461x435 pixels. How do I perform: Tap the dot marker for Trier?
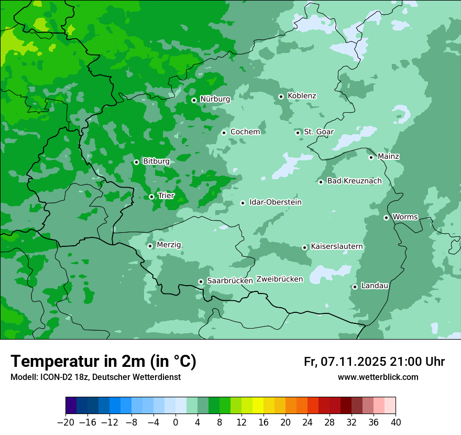(x=151, y=197)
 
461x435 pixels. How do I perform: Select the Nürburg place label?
(x=215, y=99)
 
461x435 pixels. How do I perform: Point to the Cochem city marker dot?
(x=224, y=133)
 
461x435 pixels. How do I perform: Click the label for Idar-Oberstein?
(x=276, y=202)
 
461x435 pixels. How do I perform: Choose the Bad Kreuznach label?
(x=354, y=181)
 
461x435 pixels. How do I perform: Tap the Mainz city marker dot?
(x=371, y=157)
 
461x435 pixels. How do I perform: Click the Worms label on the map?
(x=405, y=217)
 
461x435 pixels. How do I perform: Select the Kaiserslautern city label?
(x=337, y=246)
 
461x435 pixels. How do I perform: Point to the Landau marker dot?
(x=355, y=287)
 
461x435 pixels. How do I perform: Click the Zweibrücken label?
(x=280, y=279)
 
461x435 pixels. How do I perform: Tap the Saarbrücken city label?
(x=230, y=281)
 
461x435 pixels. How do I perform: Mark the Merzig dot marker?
(x=150, y=246)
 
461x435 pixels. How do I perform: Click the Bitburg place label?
(x=156, y=161)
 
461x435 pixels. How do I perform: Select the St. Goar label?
(x=319, y=132)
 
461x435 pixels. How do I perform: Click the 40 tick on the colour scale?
(x=396, y=422)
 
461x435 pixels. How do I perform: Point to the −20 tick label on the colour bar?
(x=65, y=422)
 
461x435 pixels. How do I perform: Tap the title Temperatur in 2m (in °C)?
(x=103, y=362)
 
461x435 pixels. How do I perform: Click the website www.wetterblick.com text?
(x=378, y=377)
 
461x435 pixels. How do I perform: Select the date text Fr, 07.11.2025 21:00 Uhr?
(x=374, y=362)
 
